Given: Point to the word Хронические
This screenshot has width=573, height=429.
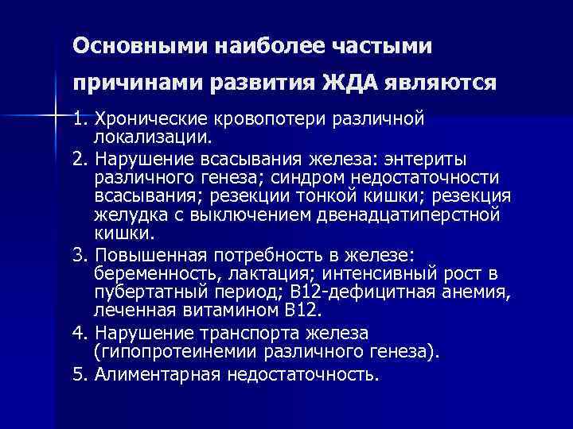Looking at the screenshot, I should pos(149,120).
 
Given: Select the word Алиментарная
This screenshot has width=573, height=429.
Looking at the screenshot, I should pos(148,372).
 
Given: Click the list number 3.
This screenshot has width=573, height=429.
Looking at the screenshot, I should pos(77,255).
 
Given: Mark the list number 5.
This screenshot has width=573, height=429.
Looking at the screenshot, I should pos(77,372).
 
